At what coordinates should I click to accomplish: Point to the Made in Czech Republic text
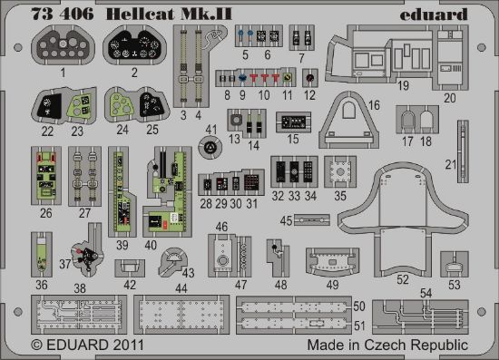[x=386, y=345]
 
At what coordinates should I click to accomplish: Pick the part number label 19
[x=403, y=85]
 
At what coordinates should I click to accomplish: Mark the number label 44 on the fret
[x=181, y=287]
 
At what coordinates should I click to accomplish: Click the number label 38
[x=80, y=287]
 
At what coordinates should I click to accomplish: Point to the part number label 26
[x=45, y=214]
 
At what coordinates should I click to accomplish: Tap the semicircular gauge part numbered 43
[x=170, y=261]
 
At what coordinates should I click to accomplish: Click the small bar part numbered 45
[x=311, y=220]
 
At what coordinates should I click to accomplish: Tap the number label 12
[x=311, y=94]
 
